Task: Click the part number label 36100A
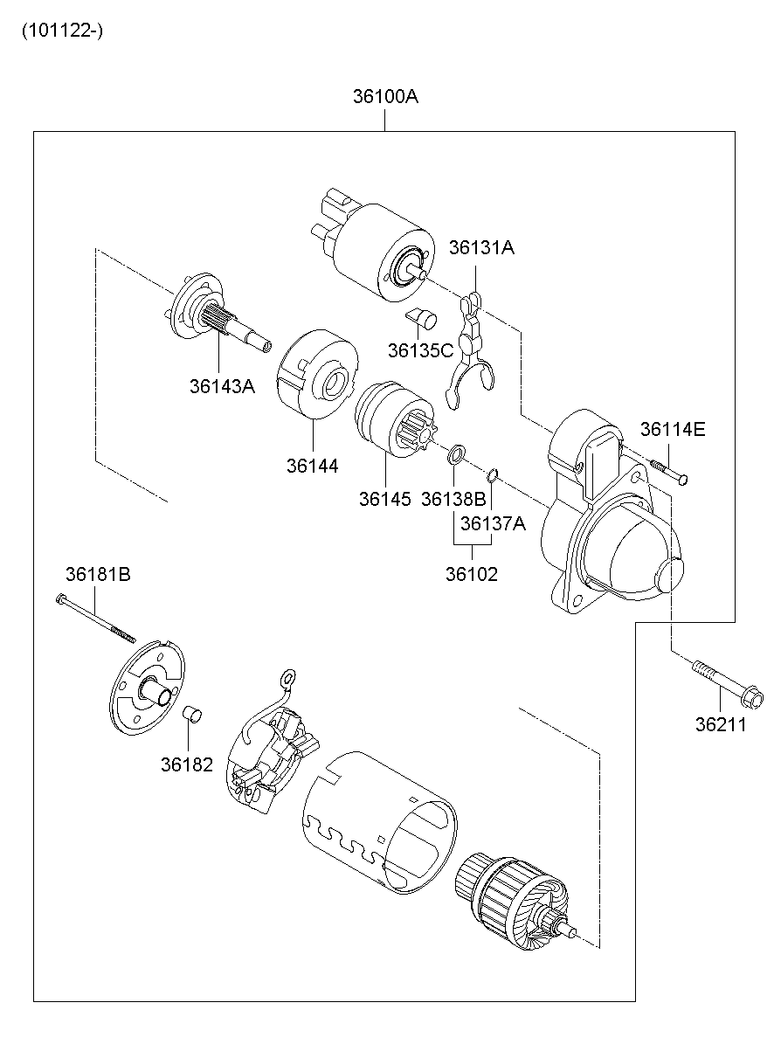[385, 97]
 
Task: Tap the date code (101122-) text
[62, 31]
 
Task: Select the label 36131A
[481, 247]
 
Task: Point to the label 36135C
[421, 350]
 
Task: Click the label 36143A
[222, 386]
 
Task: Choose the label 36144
[313, 467]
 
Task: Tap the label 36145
[385, 499]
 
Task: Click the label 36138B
[453, 499]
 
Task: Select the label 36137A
[493, 523]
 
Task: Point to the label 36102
[472, 574]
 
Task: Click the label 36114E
[673, 429]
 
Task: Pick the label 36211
[721, 724]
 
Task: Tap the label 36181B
[98, 574]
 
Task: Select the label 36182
[187, 764]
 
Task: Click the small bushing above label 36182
[192, 715]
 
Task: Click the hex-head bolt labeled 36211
[727, 684]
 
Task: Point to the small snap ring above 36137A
[493, 474]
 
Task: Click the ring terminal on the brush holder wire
[287, 679]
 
